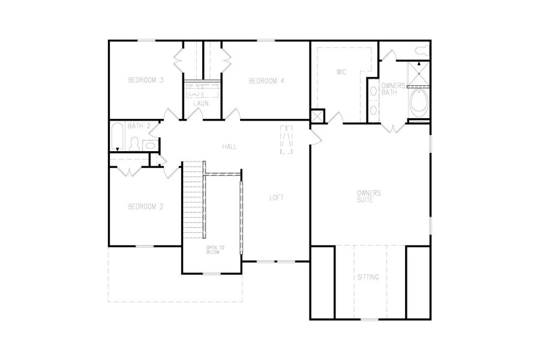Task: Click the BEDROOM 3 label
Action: (x=146, y=80)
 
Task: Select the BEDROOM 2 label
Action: (x=146, y=206)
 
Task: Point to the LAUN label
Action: (x=200, y=103)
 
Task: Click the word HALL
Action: (x=229, y=146)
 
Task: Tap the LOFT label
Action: (x=276, y=197)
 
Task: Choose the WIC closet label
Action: (x=341, y=72)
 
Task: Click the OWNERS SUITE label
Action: (x=369, y=196)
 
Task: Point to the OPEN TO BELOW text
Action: (x=214, y=250)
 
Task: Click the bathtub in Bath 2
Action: (x=118, y=137)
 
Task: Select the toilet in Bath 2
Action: (x=134, y=143)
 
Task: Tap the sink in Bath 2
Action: (x=150, y=144)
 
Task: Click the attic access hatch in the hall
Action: (x=287, y=140)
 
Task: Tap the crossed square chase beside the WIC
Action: (x=317, y=116)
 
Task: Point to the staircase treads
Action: (x=193, y=201)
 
